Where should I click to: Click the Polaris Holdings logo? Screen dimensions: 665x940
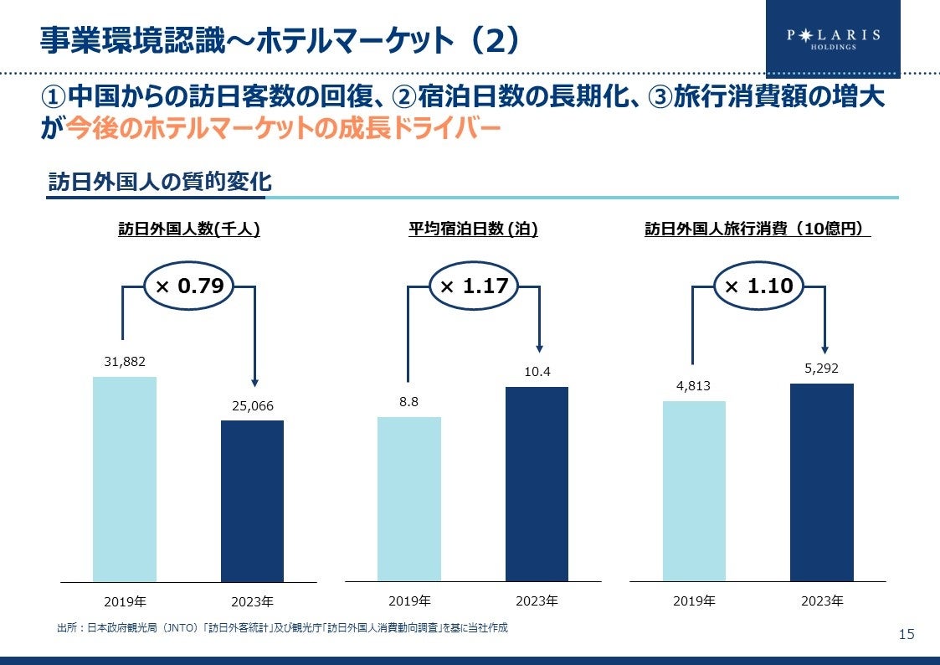832,39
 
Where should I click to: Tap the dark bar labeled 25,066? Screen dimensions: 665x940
252,500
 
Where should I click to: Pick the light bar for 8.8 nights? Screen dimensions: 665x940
408,498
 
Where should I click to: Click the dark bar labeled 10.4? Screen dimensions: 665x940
537,483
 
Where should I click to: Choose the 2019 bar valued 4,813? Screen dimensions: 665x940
694,490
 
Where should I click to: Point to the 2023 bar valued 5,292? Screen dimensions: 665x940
821,482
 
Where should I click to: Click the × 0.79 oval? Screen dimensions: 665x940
189,286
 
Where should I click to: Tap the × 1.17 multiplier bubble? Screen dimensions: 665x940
474,286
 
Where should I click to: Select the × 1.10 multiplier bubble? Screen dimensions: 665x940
758,286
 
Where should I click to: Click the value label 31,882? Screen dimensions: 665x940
125,361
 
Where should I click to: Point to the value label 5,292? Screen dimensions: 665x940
821,368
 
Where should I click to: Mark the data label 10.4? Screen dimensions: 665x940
537,371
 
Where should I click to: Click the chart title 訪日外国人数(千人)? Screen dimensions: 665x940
188,229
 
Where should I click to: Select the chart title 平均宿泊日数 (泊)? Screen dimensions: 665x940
473,229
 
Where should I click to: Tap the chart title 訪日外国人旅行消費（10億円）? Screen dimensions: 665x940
758,229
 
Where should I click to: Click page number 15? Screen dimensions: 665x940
907,634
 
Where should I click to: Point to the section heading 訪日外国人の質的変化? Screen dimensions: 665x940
159,182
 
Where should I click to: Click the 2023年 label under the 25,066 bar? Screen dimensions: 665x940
252,601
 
